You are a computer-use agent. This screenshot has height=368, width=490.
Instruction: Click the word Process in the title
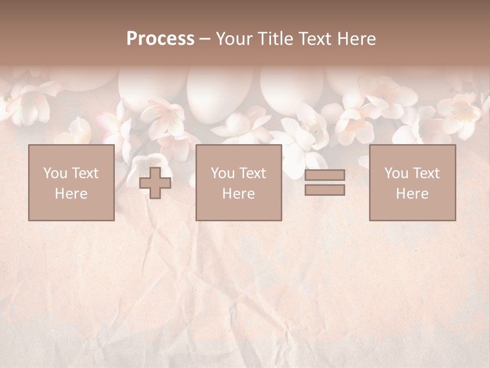(160, 39)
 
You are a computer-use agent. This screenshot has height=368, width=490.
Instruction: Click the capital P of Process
(132, 39)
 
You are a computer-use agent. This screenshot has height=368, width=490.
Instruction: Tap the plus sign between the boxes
(155, 183)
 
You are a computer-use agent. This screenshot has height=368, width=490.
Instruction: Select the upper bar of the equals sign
(325, 175)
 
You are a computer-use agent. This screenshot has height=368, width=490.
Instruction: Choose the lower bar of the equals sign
(325, 190)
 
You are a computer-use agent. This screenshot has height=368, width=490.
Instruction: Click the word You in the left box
(55, 173)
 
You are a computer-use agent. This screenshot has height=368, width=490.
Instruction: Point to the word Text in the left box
(85, 173)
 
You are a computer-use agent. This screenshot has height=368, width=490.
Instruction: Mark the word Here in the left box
(71, 194)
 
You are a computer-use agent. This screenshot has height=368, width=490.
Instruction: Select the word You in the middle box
(222, 173)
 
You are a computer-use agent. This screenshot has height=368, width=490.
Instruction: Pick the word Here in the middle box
(238, 194)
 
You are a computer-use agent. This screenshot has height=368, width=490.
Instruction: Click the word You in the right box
(396, 173)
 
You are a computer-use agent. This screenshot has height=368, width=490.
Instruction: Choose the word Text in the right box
(426, 173)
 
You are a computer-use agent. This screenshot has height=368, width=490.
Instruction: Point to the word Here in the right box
(412, 194)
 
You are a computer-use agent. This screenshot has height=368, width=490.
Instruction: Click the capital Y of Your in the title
(220, 39)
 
